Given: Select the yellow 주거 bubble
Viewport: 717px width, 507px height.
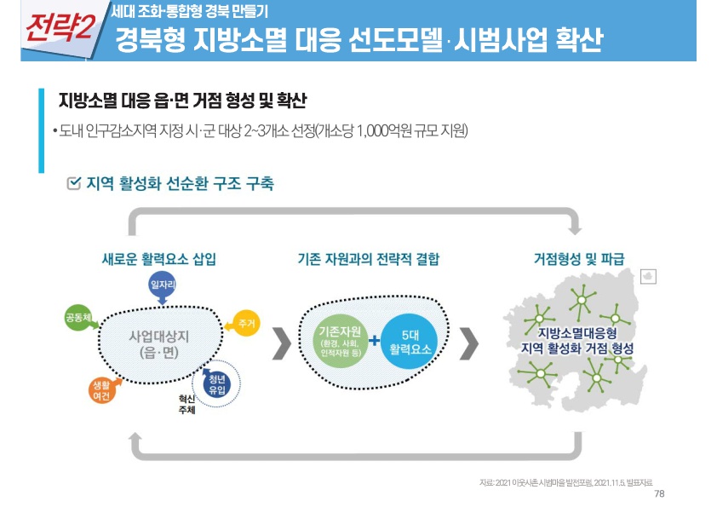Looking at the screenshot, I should coord(247,324).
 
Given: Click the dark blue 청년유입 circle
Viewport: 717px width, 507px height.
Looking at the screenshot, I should coord(216,383).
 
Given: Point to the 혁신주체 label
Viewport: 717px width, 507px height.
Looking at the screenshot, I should coord(186,404).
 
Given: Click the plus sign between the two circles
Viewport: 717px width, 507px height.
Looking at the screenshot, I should coord(375,343).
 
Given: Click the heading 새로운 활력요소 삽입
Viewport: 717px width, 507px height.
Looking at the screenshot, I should coord(158,258).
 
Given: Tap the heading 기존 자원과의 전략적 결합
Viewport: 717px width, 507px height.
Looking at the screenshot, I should coord(369,258).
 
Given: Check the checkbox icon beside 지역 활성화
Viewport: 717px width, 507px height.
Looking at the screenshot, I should coord(74,183).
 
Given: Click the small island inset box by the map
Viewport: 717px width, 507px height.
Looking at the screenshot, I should coord(648,276).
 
